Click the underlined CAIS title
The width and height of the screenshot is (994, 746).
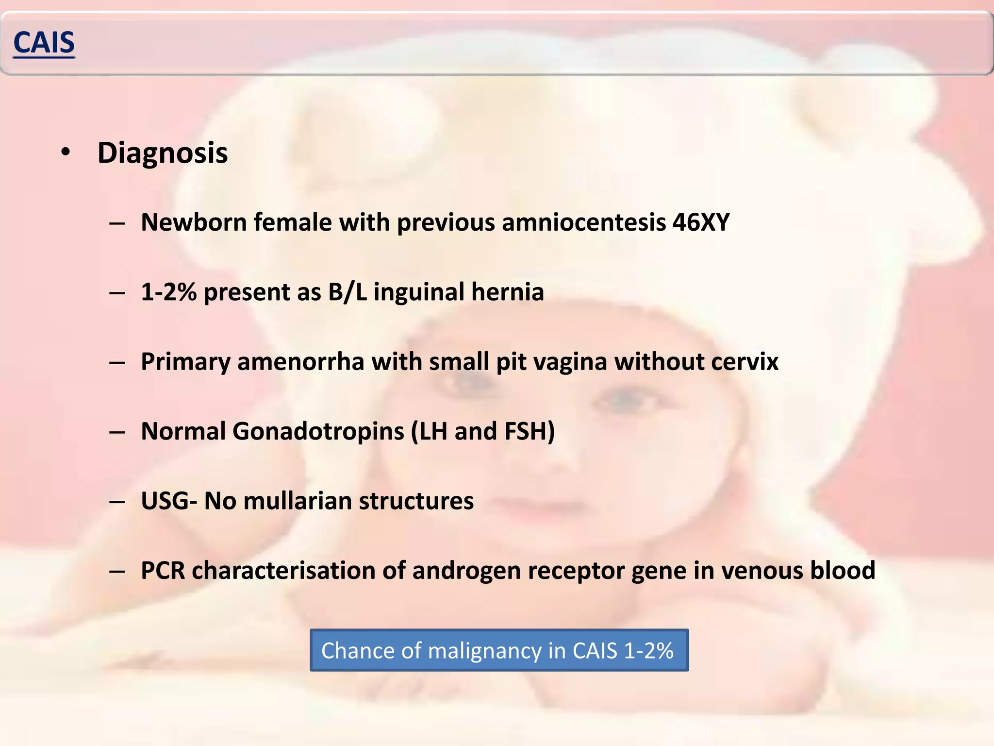click(44, 43)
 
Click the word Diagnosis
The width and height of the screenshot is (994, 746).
click(163, 153)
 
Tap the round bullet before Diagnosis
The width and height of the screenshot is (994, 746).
click(66, 152)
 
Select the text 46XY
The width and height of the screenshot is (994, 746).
click(701, 222)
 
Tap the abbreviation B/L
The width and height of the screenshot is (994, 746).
click(348, 292)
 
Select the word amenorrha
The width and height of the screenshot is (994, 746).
click(300, 362)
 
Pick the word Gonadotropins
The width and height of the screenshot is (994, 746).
click(318, 431)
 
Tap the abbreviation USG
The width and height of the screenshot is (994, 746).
click(165, 501)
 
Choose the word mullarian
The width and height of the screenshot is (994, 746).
click(297, 501)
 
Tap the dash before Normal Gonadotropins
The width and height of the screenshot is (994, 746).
click(117, 432)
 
